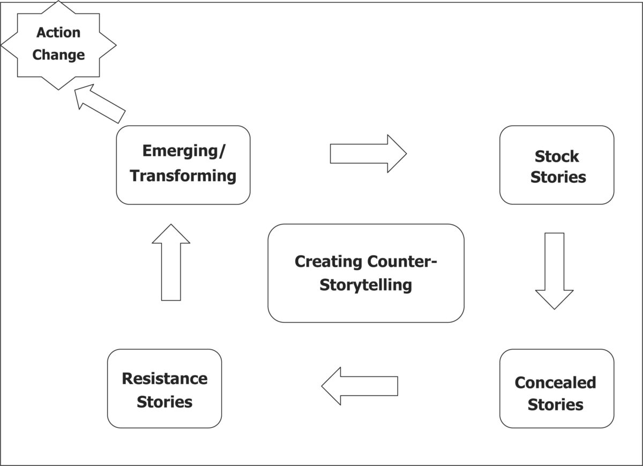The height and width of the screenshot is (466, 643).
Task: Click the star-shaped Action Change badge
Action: (58, 45)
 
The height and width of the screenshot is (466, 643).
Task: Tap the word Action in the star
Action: (58, 32)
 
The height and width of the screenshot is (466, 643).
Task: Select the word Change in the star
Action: (58, 55)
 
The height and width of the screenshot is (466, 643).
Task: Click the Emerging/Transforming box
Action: (183, 165)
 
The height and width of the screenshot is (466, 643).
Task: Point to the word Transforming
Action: (183, 175)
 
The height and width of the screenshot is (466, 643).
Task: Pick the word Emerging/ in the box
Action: (184, 151)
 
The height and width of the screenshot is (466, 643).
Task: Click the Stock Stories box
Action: (557, 165)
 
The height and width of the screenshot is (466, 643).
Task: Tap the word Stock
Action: (557, 156)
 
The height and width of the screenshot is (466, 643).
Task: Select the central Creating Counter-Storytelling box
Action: (366, 273)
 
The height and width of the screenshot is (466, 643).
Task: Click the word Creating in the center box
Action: (328, 262)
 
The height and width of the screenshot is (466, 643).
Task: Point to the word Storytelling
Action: (366, 285)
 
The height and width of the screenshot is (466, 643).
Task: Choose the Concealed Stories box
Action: (557, 388)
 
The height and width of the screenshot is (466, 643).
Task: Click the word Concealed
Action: (555, 382)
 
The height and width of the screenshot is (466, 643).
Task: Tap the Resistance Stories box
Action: (165, 388)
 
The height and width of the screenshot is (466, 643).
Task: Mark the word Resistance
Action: (165, 379)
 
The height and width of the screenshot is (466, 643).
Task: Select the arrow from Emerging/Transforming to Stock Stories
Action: (368, 154)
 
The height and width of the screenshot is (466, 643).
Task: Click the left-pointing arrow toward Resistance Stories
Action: (360, 386)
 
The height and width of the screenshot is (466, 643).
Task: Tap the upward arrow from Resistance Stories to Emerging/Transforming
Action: (171, 262)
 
